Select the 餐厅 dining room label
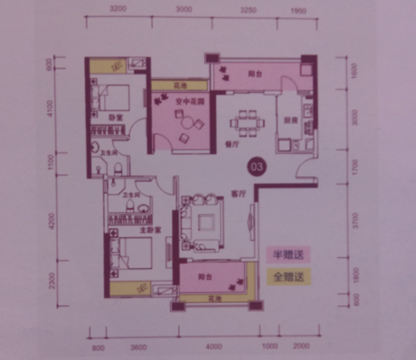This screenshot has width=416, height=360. pos(232,143)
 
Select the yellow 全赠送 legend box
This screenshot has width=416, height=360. pos(286,276)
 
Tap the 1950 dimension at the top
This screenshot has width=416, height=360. pos(298,10)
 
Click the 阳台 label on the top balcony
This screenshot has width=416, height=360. pos(254,73)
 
